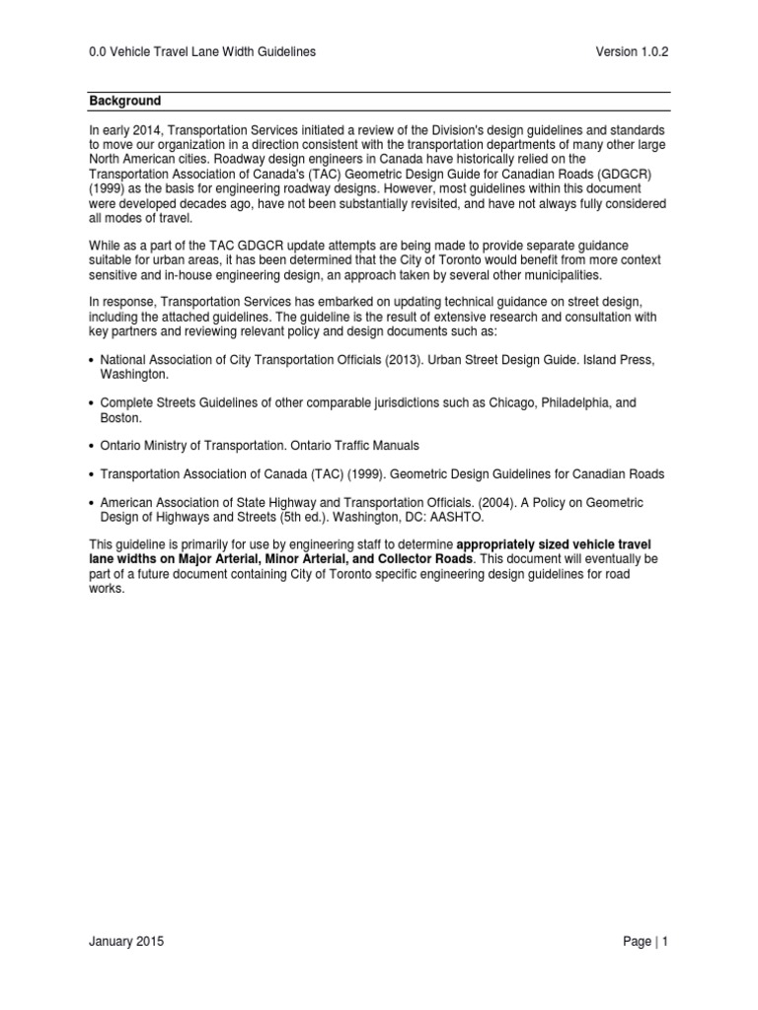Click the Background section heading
coord(125,101)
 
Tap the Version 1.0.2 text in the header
coord(633,51)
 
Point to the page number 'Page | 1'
coord(645,942)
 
